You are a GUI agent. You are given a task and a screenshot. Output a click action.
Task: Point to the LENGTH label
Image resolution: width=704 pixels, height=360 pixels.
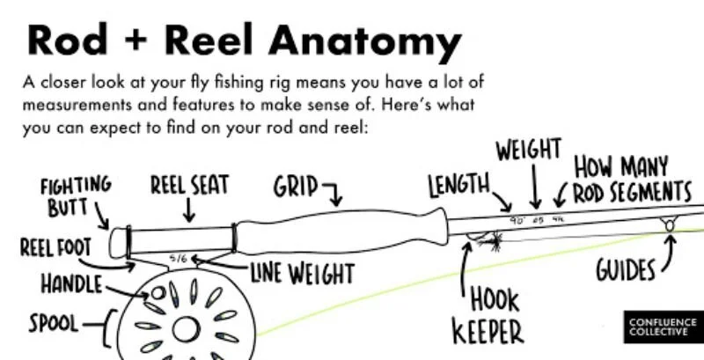click(458, 185)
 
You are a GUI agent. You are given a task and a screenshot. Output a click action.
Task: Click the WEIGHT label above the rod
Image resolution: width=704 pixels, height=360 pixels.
click(528, 150)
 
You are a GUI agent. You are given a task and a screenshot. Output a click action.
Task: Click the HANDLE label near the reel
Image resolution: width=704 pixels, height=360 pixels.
click(70, 284)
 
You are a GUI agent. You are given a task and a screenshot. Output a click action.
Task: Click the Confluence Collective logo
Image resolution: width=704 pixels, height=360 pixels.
click(661, 328)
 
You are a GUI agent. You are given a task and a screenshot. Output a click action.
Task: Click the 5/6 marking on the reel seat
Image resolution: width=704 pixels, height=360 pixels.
click(179, 259)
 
